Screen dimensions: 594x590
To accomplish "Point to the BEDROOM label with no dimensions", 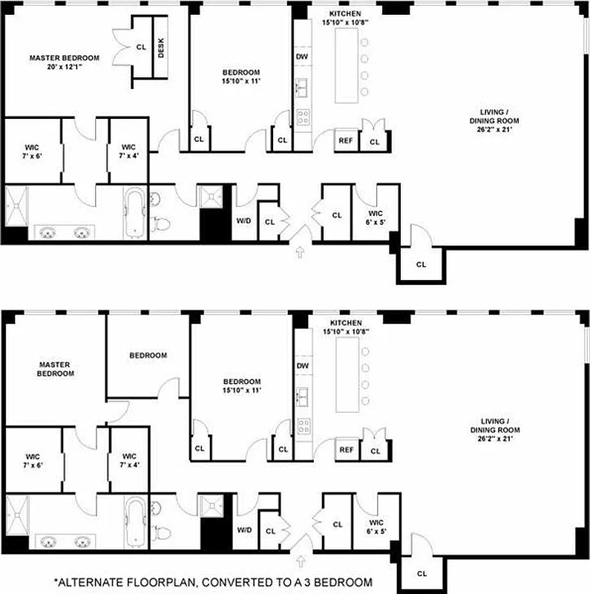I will (148, 355).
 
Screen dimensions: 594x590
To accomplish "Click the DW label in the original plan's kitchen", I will (302, 56).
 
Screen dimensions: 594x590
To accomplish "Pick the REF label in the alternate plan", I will (345, 449).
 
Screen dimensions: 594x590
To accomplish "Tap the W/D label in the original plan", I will (244, 221).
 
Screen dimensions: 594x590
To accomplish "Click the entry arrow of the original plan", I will (300, 252).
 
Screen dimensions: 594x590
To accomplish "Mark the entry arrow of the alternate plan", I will (300, 561).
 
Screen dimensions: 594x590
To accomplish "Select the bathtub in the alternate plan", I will (136, 520).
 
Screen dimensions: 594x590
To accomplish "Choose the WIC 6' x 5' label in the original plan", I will (369, 215).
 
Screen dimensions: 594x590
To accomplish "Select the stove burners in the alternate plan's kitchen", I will (304, 425).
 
